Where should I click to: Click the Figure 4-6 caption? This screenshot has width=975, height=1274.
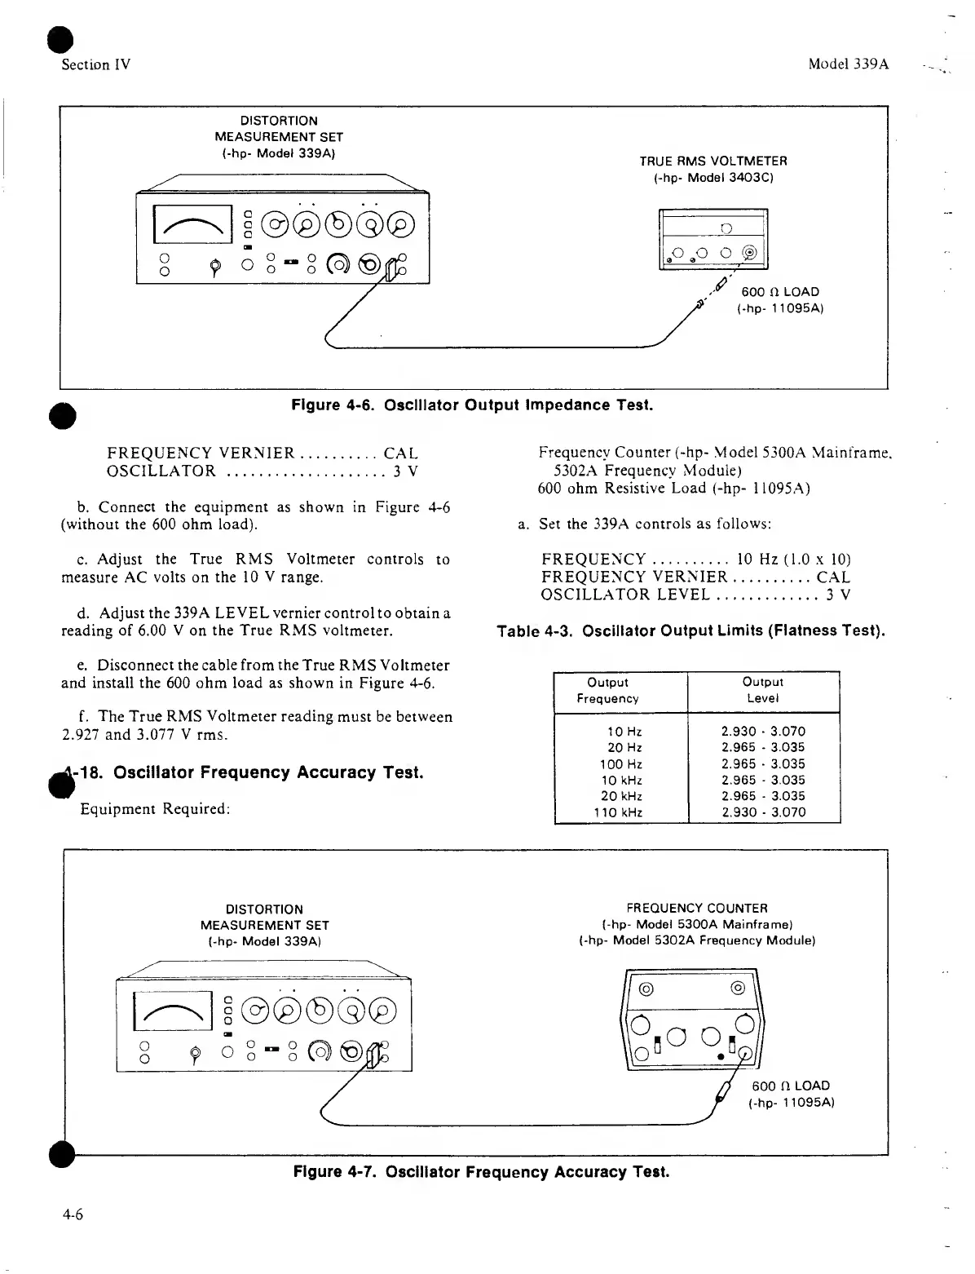[472, 405]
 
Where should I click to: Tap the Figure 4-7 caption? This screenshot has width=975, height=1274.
[481, 1172]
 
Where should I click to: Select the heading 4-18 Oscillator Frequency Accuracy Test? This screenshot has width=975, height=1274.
[245, 772]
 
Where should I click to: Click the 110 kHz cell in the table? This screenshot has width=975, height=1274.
[618, 812]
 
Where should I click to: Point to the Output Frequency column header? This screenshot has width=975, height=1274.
[607, 690]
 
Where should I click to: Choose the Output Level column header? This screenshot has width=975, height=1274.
[763, 690]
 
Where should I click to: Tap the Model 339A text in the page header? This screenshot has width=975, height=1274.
[848, 64]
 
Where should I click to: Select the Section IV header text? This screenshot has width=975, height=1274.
[95, 64]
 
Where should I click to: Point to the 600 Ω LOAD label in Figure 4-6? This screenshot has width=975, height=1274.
[779, 292]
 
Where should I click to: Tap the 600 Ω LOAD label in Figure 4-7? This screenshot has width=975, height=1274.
[790, 1086]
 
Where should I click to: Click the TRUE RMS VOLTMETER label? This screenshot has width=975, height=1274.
[713, 161]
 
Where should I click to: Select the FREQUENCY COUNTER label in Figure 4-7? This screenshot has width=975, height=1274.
[697, 908]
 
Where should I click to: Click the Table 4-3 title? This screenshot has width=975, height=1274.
[691, 630]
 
